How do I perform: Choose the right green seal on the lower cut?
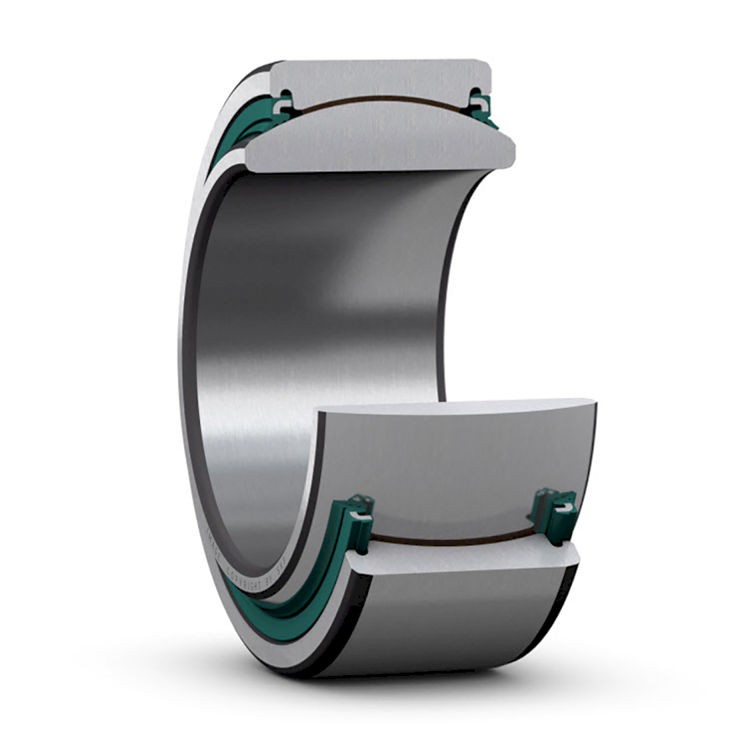(554, 512)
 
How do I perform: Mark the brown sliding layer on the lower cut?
(454, 537)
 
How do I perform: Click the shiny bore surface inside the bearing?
(319, 319)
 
